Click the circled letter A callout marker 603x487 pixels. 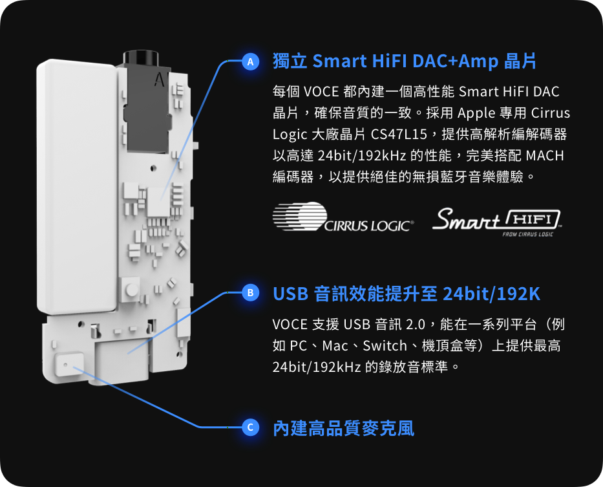point(250,62)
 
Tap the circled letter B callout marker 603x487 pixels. point(250,294)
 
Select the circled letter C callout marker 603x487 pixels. point(250,427)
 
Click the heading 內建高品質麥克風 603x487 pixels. point(343,427)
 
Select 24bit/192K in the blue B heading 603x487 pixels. point(491,294)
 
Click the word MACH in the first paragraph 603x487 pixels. point(545,156)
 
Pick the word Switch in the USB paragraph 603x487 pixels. point(385,345)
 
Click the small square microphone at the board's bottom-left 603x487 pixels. point(68,367)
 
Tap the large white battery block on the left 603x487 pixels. point(76,188)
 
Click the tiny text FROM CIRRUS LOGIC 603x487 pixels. point(527,233)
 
